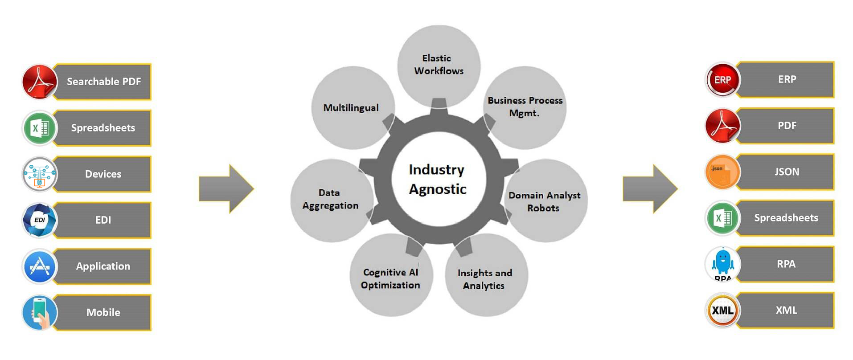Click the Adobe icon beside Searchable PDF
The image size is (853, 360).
point(40,82)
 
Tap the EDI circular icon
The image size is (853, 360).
point(40,220)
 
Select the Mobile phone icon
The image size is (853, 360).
point(40,312)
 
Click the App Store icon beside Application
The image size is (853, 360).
point(40,266)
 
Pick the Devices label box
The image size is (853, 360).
point(103,174)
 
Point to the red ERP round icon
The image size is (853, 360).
point(722,79)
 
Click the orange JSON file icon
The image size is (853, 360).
point(722,172)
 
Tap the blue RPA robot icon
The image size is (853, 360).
point(722,264)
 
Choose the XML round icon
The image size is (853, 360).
point(722,310)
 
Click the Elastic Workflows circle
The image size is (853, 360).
point(439,65)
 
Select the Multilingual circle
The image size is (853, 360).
point(352,107)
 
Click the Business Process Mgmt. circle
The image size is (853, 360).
point(525,107)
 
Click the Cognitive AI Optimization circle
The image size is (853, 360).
point(391,278)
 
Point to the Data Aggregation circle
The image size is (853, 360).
point(331,199)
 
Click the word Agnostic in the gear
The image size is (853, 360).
point(438,189)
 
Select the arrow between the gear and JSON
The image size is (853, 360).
point(649,188)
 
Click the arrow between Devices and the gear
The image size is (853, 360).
point(226,188)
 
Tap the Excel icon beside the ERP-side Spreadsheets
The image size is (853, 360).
point(722,218)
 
